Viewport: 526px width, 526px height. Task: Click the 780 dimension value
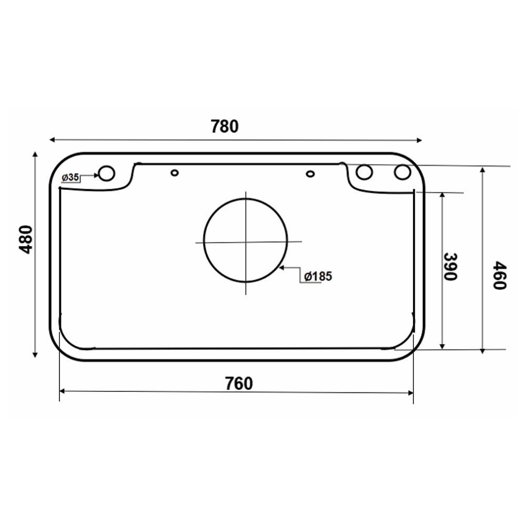tap(225, 127)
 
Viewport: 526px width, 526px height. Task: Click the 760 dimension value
tap(239, 383)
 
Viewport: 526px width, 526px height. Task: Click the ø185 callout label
tap(318, 276)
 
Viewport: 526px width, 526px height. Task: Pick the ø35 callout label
tap(70, 178)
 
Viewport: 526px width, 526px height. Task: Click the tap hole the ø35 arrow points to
tap(107, 173)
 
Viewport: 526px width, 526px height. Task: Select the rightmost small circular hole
tap(403, 173)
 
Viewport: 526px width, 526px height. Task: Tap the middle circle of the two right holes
tap(365, 173)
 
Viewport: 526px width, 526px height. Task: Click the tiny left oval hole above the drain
tap(175, 172)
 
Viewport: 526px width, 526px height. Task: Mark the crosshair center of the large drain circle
tap(246, 241)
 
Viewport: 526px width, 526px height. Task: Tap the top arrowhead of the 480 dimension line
tap(35, 154)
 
